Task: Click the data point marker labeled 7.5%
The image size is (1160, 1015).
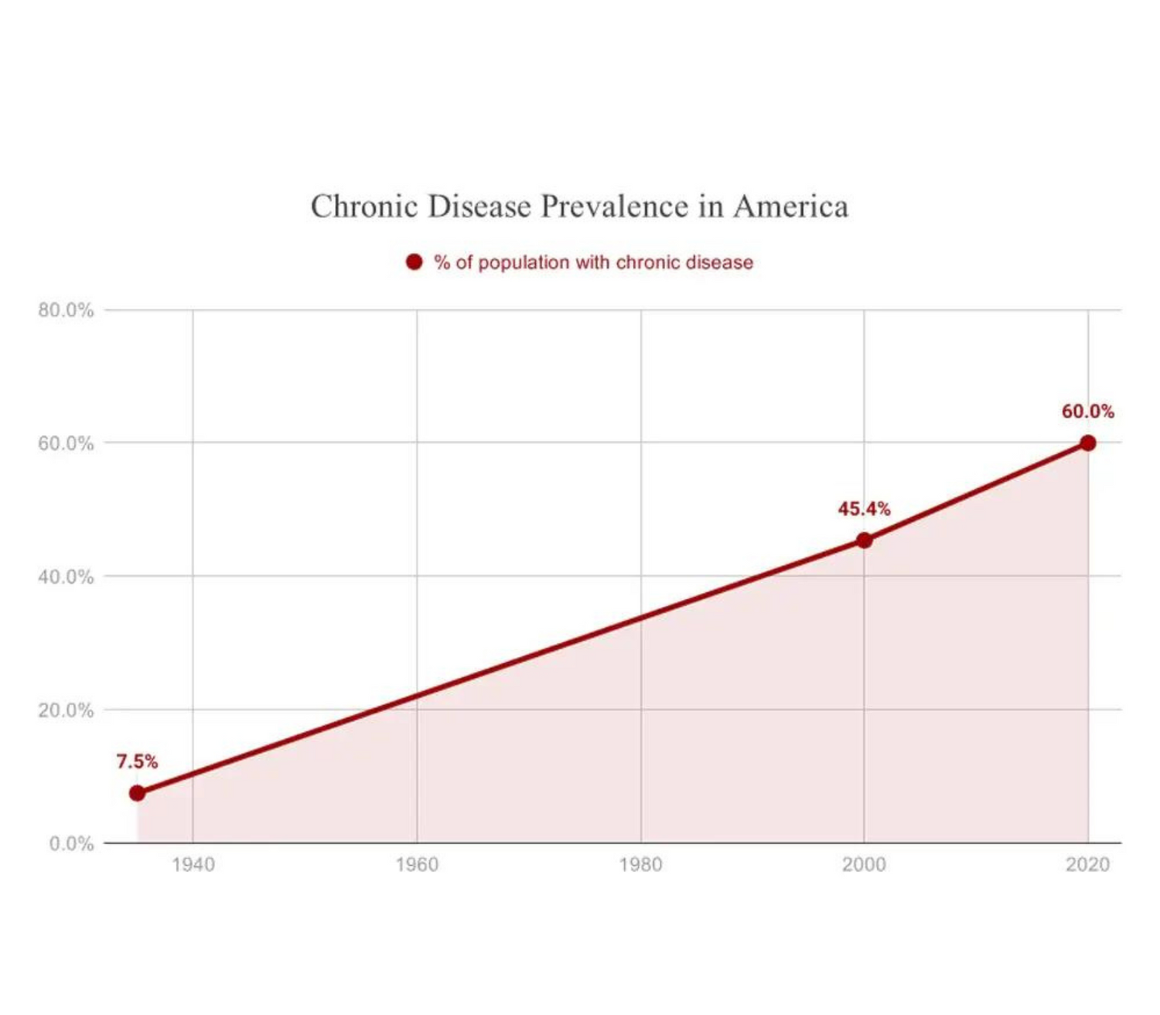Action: (x=137, y=793)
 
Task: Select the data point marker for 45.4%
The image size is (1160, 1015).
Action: (x=864, y=540)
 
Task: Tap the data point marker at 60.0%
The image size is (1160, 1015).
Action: (x=1087, y=443)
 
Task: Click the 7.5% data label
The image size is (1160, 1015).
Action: (x=137, y=761)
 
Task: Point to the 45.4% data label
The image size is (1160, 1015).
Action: (x=864, y=509)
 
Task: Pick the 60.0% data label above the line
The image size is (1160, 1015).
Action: (x=1087, y=411)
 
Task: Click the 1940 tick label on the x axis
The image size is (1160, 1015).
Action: (x=193, y=864)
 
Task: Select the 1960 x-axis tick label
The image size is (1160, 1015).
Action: (x=416, y=864)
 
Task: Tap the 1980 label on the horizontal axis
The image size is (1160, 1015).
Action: (x=640, y=864)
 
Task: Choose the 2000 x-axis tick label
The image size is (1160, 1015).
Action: (x=864, y=864)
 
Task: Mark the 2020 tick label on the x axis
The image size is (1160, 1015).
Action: (x=1087, y=864)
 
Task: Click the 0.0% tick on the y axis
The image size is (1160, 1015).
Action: (x=71, y=843)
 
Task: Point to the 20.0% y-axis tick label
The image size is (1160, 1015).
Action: (x=66, y=710)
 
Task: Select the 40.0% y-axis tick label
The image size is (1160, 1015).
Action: (x=66, y=577)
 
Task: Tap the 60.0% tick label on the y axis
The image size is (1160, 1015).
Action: (x=66, y=444)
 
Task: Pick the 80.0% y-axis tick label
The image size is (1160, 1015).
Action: (x=66, y=310)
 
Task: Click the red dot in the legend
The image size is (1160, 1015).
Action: (x=415, y=262)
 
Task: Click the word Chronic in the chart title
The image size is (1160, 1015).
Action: (x=363, y=206)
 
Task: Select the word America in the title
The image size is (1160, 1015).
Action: (x=790, y=206)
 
